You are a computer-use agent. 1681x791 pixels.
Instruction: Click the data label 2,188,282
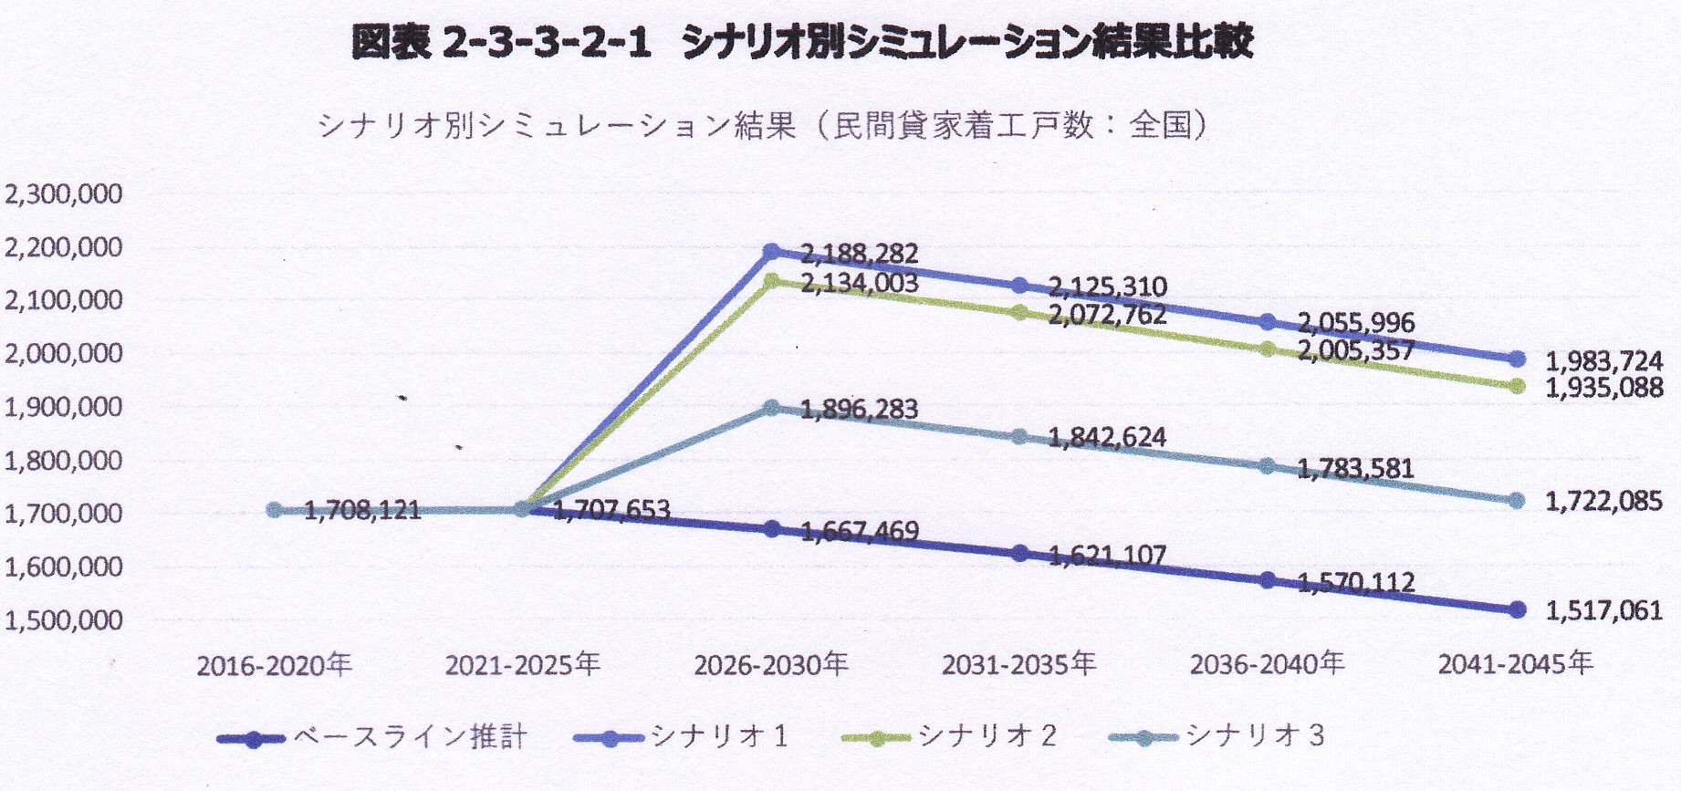click(859, 254)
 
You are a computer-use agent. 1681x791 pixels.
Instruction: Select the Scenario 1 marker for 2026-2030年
click(772, 251)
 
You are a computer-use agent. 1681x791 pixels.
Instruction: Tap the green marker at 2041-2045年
click(1517, 386)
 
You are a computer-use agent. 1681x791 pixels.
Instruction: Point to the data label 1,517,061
click(1603, 610)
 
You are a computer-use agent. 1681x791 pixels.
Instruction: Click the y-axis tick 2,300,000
click(63, 194)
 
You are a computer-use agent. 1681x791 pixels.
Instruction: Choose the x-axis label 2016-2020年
click(275, 664)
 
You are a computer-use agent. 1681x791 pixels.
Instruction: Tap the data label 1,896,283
click(859, 409)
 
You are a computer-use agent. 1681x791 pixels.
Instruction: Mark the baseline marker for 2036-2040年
click(1268, 580)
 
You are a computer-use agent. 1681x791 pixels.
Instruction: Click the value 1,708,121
click(362, 510)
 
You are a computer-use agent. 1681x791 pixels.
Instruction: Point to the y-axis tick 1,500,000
click(63, 620)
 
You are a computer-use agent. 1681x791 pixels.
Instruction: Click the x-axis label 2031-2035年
click(1018, 664)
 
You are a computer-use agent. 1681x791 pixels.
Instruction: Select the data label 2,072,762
click(1107, 316)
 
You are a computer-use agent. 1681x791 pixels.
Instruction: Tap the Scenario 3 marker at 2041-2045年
click(1517, 501)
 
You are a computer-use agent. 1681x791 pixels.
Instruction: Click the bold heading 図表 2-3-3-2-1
click(501, 43)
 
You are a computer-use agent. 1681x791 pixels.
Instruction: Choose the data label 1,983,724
click(1604, 361)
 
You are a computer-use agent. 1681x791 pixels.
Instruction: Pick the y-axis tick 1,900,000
click(63, 407)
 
